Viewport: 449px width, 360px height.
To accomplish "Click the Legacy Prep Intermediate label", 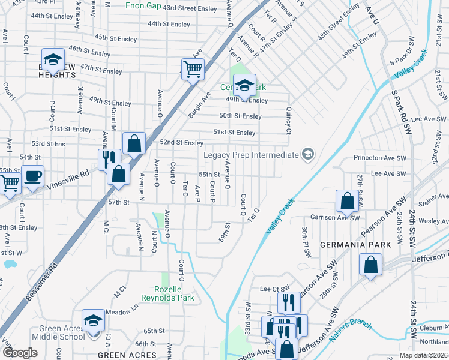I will (251, 155).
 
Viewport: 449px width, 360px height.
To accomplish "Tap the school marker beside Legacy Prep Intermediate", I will (308, 155).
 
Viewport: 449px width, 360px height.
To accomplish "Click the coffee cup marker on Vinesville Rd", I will (33, 176).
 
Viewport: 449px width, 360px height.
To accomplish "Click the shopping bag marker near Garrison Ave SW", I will (348, 200).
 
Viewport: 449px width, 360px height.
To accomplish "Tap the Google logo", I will (20, 353).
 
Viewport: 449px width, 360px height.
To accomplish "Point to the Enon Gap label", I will (143, 6).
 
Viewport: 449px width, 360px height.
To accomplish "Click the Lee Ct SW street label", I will (271, 289).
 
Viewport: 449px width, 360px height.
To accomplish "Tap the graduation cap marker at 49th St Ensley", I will (244, 85).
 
